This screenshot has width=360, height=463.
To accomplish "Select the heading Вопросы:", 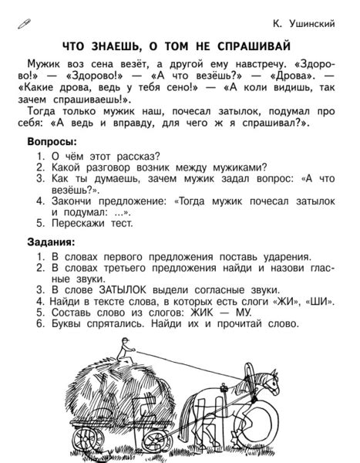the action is point(52,143).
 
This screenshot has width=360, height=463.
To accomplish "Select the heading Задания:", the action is point(52,243).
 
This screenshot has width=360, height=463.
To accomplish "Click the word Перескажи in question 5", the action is point(79,224).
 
